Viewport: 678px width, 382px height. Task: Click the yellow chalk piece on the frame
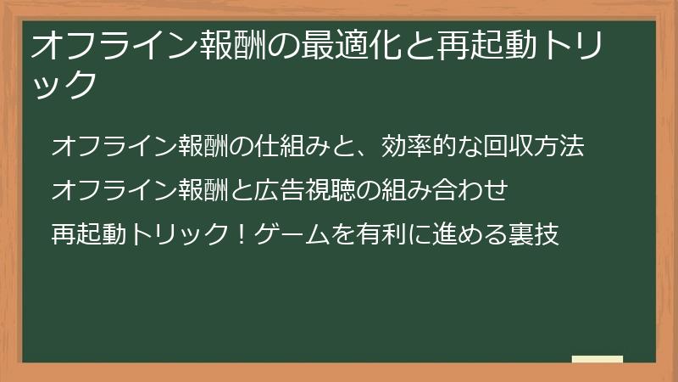click(597, 360)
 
